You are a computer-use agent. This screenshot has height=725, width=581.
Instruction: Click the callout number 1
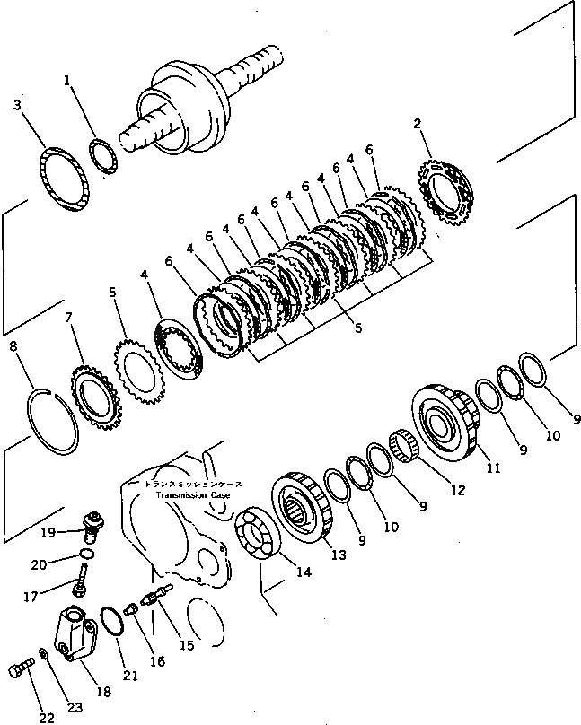coord(67,81)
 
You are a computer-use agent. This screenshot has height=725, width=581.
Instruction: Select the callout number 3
coord(16,107)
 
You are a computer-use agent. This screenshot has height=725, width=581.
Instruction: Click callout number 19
coord(48,531)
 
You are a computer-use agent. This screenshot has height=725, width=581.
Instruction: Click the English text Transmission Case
coord(193,494)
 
